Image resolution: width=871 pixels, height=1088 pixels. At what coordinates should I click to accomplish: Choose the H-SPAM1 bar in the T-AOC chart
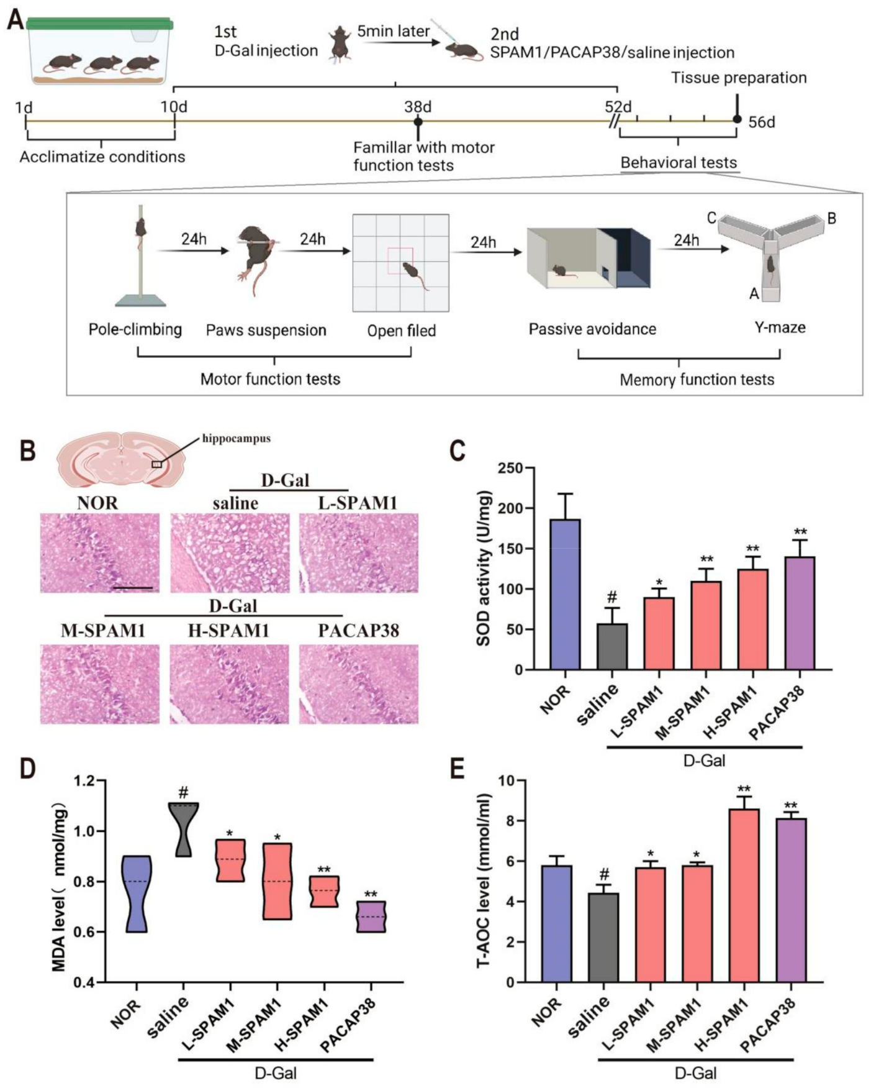(x=744, y=895)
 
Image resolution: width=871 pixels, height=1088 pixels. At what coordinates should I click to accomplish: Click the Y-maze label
(x=780, y=327)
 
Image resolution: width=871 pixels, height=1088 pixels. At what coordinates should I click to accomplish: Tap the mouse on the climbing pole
(x=142, y=228)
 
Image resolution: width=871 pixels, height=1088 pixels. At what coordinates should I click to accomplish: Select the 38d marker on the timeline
(x=418, y=121)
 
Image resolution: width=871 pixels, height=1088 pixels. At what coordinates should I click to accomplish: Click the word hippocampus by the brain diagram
(x=237, y=438)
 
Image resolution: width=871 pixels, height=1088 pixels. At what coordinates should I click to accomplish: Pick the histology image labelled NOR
(x=100, y=552)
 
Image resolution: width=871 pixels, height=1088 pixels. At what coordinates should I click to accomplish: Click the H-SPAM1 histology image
(x=229, y=684)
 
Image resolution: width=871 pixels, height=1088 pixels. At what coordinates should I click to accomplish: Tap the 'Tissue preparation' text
(x=739, y=78)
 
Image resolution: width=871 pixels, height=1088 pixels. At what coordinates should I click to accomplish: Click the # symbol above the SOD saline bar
(x=612, y=598)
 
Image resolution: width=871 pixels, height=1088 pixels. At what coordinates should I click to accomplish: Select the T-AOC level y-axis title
(x=483, y=880)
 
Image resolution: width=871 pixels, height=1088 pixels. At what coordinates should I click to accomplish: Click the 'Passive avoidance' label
(x=592, y=329)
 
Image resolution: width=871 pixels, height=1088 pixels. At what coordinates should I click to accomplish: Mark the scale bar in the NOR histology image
(x=132, y=587)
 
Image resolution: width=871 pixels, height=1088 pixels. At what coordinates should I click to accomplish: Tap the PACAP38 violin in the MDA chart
(x=371, y=916)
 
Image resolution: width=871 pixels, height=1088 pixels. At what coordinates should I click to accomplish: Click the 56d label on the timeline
(x=762, y=122)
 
